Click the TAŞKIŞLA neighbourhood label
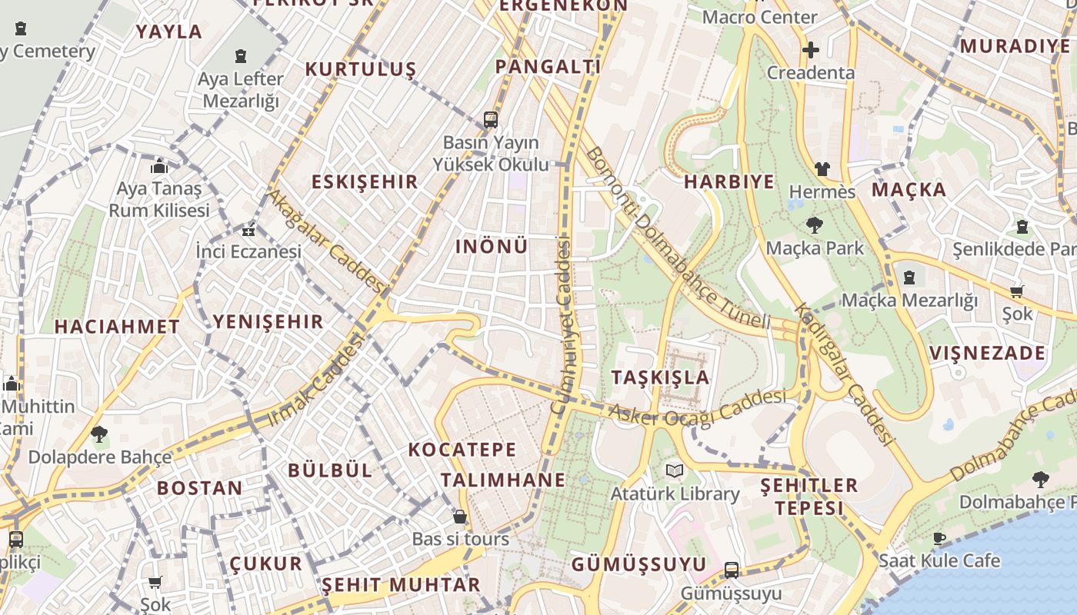tap(660, 377)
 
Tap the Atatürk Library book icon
tap(675, 470)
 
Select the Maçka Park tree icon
tap(815, 225)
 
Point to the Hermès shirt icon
tap(822, 169)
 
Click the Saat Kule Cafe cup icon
tap(939, 538)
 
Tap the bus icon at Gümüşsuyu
tap(732, 570)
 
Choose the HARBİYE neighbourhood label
tap(729, 182)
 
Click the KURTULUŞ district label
tap(360, 69)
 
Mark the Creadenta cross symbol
tap(811, 51)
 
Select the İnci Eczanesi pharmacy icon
tap(248, 230)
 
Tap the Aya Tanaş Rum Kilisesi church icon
tap(159, 166)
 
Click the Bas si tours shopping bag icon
tap(460, 517)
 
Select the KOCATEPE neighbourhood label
tap(462, 450)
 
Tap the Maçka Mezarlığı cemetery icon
tap(909, 278)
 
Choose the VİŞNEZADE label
tap(987, 354)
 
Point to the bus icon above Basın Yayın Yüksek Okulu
tap(491, 120)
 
